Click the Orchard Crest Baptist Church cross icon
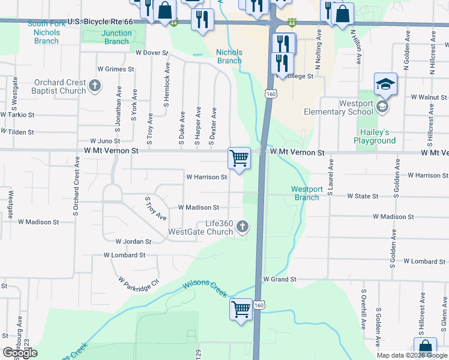click(x=94, y=86)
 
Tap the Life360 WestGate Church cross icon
click(x=242, y=227)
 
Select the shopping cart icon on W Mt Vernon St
click(x=239, y=158)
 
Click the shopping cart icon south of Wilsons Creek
click(x=241, y=310)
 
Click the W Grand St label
click(x=280, y=280)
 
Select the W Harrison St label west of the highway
click(x=206, y=177)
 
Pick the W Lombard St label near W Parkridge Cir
click(x=124, y=255)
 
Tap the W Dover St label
click(x=151, y=53)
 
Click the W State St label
click(x=363, y=196)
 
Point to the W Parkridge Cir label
click(x=139, y=284)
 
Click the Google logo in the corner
click(x=20, y=353)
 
